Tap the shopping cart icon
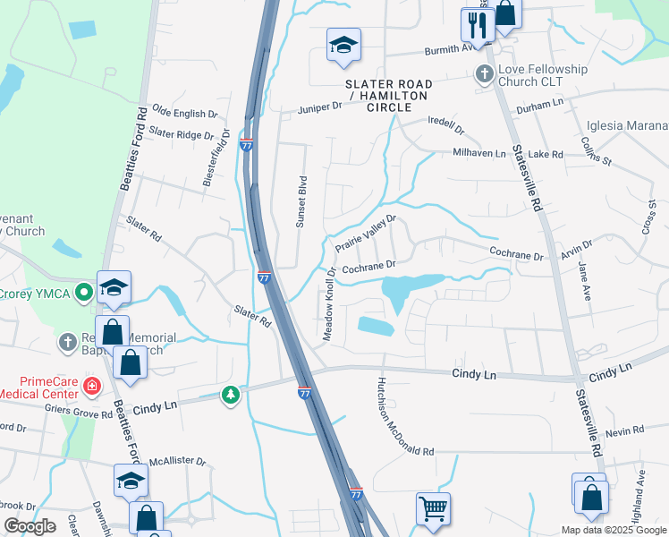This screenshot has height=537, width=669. coord(433,507)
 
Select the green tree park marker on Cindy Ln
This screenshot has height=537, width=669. coord(231,394)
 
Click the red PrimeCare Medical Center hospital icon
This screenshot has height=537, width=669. coord(90,386)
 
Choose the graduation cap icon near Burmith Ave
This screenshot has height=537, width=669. coord(343,47)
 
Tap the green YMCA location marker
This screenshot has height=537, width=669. coord(84,291)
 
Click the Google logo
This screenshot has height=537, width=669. coord(30,526)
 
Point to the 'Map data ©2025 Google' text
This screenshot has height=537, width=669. coord(613,530)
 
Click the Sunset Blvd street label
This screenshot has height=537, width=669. coord(302,200)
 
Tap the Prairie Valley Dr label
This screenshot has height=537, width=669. coord(365,234)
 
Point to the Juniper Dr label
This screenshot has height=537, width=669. coord(320,107)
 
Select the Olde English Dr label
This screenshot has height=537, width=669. coord(185,115)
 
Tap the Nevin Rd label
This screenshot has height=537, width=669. coord(619,432)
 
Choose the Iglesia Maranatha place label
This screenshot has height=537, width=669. coord(627,126)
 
